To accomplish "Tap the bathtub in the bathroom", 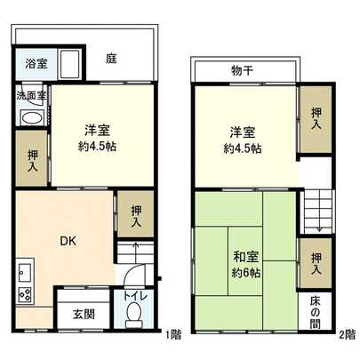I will (x=66, y=64).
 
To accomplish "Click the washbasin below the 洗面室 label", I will (x=31, y=119).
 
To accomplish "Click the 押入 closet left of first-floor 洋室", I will (x=33, y=160).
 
